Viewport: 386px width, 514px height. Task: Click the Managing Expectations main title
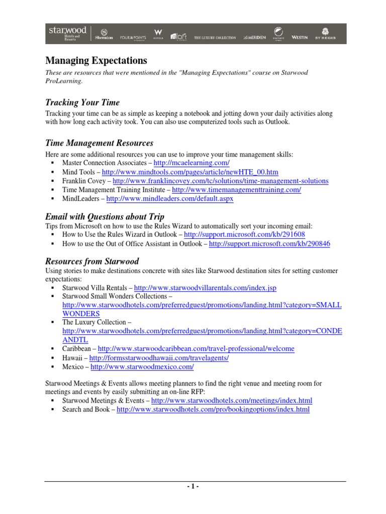tap(96, 61)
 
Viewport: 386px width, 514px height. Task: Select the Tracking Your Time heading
tap(82, 102)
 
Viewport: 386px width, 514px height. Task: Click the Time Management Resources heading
tap(99, 144)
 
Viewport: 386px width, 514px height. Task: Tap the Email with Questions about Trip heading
tap(105, 217)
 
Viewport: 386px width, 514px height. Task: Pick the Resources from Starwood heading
tap(92, 262)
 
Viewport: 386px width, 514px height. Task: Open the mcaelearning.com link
tap(191, 164)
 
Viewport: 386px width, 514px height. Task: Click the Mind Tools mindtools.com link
tap(190, 172)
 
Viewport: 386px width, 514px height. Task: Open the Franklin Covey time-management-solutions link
tap(220, 181)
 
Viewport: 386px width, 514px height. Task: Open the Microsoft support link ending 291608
tap(244, 234)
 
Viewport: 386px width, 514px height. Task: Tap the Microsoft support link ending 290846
tap(269, 243)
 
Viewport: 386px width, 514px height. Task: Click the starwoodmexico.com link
tap(142, 367)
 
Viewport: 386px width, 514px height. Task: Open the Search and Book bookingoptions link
tap(213, 410)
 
